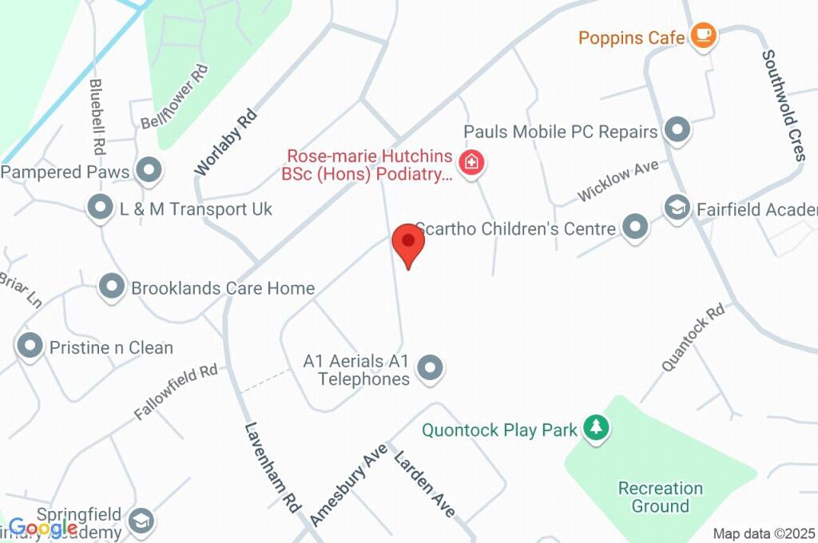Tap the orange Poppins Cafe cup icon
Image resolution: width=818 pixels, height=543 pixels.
pos(703,35)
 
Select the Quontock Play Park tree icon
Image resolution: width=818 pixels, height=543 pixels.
pos(595,428)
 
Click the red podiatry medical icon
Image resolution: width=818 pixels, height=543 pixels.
pos(473,164)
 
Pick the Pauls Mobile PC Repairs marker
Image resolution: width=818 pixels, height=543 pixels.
pos(677,130)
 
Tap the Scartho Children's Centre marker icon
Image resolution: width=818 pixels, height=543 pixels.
pos(635,227)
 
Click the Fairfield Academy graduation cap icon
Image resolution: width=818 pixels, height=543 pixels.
pos(677,208)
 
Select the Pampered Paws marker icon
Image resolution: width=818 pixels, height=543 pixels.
pos(148,170)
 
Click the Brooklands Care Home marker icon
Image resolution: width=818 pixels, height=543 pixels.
pos(112,286)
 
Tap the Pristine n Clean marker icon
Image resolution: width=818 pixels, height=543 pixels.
pos(30,347)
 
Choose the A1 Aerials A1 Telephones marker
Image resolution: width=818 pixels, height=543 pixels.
pos(431,368)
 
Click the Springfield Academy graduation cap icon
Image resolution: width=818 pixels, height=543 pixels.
pos(141,521)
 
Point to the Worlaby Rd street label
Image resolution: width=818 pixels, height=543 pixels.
pos(227,142)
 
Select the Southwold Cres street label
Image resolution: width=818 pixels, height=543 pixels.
pos(782,105)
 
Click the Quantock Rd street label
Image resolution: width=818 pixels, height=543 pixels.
pos(693,336)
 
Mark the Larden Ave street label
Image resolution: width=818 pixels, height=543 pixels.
pos(424,484)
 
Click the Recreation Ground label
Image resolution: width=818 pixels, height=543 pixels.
pos(660,497)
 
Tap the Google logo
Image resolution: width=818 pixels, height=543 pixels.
pos(42,528)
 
